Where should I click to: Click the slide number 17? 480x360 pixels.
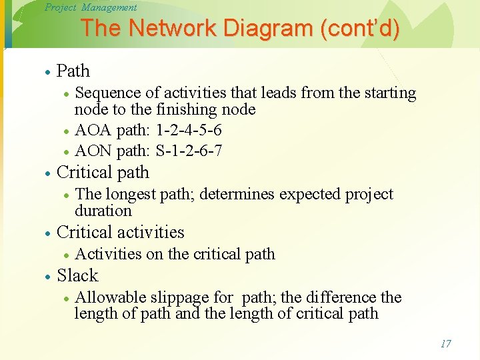click(445, 344)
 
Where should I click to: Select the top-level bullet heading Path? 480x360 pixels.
click(73, 71)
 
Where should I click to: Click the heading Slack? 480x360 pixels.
click(77, 275)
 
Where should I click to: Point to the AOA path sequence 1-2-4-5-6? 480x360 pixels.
click(189, 129)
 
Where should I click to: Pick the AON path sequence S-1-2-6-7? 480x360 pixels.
click(189, 151)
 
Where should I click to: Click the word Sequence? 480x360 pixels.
click(107, 93)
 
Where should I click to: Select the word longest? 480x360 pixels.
click(133, 194)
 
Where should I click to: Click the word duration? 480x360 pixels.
click(103, 211)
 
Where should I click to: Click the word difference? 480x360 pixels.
click(341, 297)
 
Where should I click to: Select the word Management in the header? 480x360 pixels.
click(109, 7)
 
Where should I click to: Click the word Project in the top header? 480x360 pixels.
click(61, 7)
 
